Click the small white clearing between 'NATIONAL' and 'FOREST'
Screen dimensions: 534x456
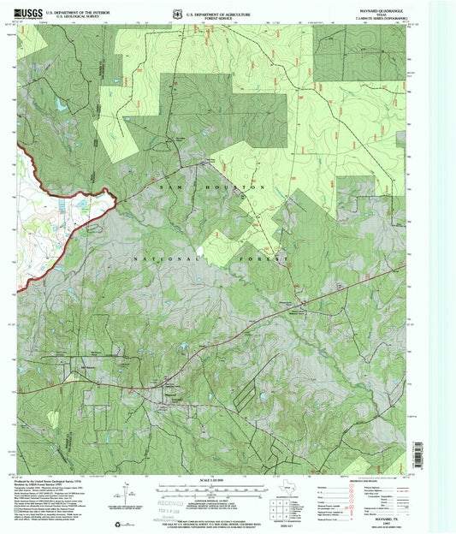(200, 251)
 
